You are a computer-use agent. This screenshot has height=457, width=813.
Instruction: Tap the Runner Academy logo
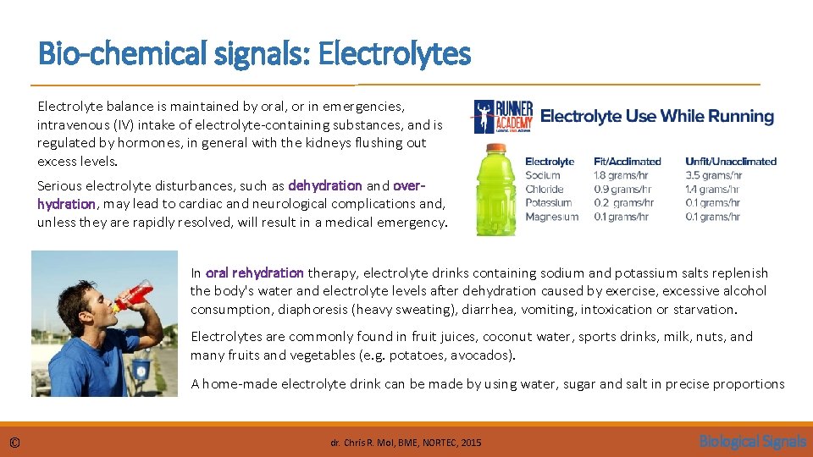[x=504, y=117]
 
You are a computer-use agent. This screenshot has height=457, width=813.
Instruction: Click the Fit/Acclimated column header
[x=627, y=161]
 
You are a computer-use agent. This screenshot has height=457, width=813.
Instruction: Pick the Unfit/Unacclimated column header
[x=730, y=161]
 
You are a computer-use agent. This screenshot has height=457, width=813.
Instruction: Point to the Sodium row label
[x=543, y=175]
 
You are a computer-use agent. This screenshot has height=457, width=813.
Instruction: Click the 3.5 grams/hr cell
[x=715, y=175]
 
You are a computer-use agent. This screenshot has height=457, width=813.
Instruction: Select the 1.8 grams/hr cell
[x=623, y=175]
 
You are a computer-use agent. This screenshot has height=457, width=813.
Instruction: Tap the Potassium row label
[x=548, y=203]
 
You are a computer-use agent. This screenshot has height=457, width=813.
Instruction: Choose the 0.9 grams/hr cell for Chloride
[x=623, y=189]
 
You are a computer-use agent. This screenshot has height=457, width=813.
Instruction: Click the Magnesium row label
[x=551, y=217]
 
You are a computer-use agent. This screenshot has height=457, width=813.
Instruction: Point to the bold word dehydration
[x=325, y=184]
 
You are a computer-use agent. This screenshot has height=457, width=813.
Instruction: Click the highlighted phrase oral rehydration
[x=254, y=273]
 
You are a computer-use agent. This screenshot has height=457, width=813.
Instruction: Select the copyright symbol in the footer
[x=14, y=442]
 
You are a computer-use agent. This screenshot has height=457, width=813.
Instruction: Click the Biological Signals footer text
[x=752, y=441]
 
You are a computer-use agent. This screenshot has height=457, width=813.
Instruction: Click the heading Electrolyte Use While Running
[x=657, y=117]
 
